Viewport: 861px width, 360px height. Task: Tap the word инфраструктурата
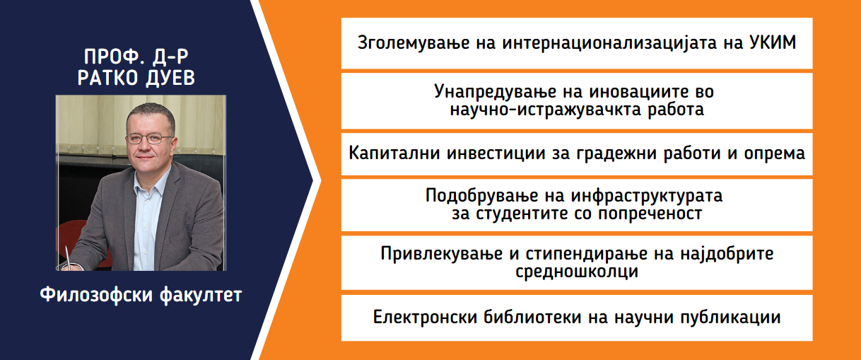coord(647,196)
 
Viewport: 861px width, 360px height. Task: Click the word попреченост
coord(650,214)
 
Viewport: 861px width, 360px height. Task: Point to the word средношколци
coord(577,272)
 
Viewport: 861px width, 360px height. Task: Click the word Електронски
coord(425,318)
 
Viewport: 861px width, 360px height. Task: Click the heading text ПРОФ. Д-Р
coord(136,57)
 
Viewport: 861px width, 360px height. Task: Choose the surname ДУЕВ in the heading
coord(170,78)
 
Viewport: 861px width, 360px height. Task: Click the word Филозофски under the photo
coord(96,295)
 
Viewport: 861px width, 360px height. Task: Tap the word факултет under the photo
coord(201,296)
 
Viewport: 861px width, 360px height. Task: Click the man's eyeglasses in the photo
coord(149,139)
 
